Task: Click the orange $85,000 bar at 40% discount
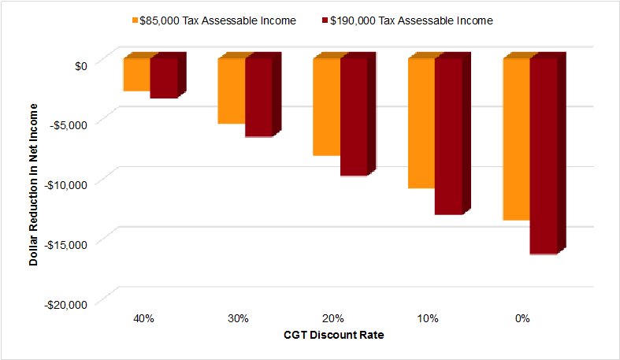(x=136, y=75)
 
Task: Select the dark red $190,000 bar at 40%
(x=164, y=78)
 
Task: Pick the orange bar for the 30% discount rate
(x=231, y=91)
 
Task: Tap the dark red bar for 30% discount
(x=258, y=98)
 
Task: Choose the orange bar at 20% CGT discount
(x=326, y=107)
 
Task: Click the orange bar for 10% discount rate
(x=421, y=124)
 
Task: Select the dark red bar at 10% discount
(x=448, y=136)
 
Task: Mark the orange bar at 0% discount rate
(x=516, y=139)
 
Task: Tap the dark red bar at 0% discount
(x=544, y=156)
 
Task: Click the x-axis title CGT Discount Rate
(x=333, y=335)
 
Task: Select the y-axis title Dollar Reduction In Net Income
(x=34, y=181)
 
